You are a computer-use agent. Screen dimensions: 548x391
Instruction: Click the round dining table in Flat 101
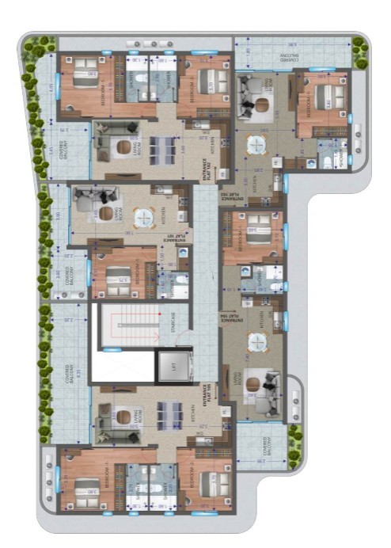[142, 217]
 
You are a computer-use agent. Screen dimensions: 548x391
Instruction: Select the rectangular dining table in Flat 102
[162, 147]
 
